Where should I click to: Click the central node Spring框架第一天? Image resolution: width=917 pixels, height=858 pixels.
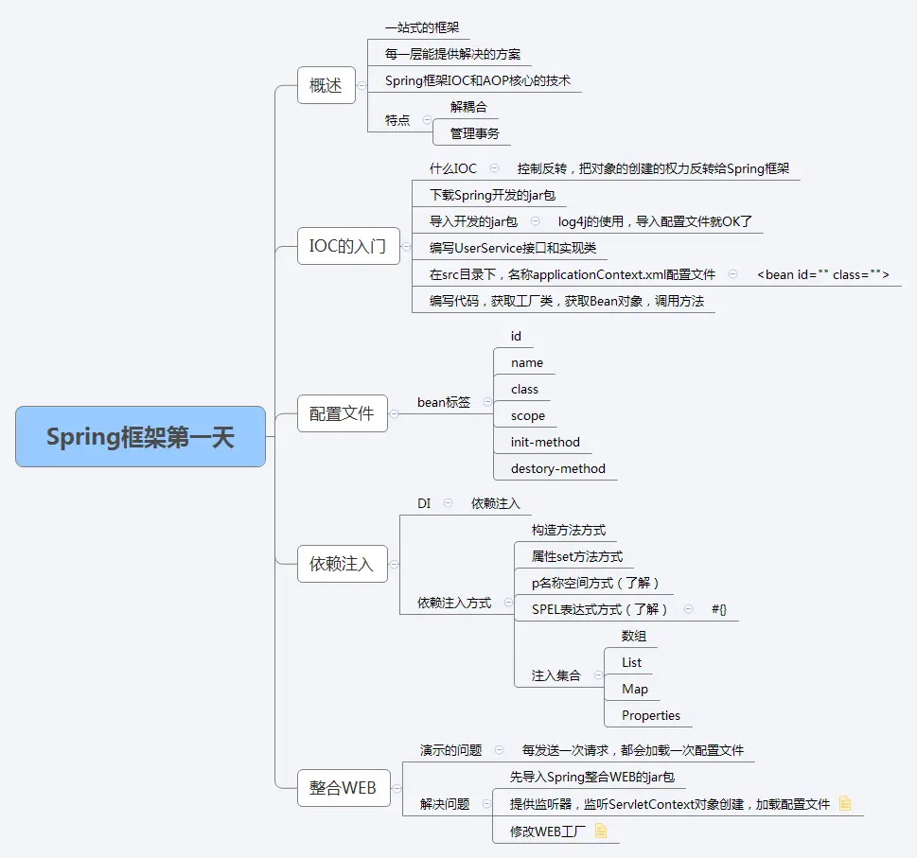pyautogui.click(x=140, y=436)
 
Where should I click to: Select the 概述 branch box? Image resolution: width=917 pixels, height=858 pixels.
pyautogui.click(x=326, y=85)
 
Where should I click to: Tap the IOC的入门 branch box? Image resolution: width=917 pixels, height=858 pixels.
pyautogui.click(x=347, y=247)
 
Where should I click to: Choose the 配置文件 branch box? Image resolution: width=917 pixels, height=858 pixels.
pyautogui.click(x=342, y=413)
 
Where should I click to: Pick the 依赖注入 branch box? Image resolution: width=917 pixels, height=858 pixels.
pyautogui.click(x=342, y=564)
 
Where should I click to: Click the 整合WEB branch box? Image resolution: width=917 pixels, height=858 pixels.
pyautogui.click(x=343, y=787)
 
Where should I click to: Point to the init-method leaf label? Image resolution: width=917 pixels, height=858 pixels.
pyautogui.click(x=545, y=442)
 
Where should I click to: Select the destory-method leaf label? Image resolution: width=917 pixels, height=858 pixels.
pyautogui.click(x=557, y=468)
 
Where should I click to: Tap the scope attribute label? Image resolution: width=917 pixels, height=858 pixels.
pyautogui.click(x=527, y=415)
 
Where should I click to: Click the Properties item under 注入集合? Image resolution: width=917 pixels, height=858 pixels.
pyautogui.click(x=650, y=715)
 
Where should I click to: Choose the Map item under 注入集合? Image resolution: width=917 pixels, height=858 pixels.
pyautogui.click(x=634, y=689)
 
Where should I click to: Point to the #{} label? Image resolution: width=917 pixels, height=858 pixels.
pyautogui.click(x=719, y=609)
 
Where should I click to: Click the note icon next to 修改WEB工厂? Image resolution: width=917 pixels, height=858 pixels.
pyautogui.click(x=600, y=832)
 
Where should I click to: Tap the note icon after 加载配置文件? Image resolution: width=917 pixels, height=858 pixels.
pyautogui.click(x=845, y=804)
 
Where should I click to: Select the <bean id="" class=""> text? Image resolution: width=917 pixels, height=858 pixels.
pyautogui.click(x=822, y=274)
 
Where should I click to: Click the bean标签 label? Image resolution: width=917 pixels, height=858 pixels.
pyautogui.click(x=443, y=402)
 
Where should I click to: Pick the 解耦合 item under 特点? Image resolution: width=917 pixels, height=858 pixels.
pyautogui.click(x=468, y=107)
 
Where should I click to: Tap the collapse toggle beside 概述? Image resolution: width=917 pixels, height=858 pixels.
pyautogui.click(x=361, y=85)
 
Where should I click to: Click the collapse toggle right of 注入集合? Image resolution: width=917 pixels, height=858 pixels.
pyautogui.click(x=598, y=675)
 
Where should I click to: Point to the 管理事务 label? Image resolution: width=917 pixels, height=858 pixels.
pyautogui.click(x=474, y=133)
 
